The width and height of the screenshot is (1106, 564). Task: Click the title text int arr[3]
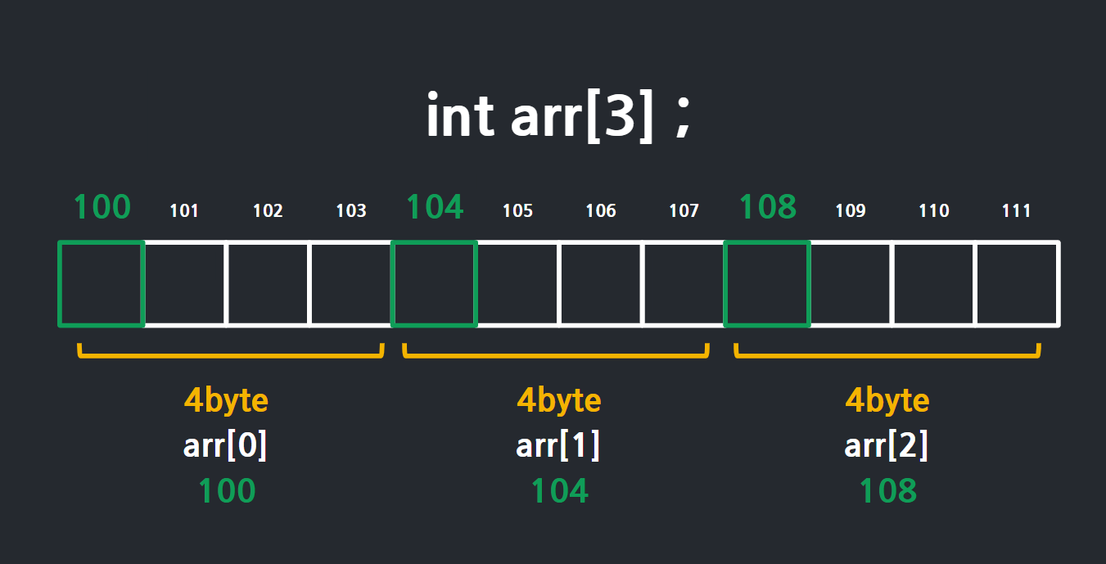pos(558,116)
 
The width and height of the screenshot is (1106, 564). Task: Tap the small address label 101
pos(184,211)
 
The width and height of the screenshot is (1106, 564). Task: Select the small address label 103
pos(351,211)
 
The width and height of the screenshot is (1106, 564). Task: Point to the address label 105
pos(517,211)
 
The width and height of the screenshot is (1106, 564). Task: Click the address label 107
pos(684,211)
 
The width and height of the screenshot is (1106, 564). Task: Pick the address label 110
pos(933,211)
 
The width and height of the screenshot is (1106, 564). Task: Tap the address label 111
pos(1017,211)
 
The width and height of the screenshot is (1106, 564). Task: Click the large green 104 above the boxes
pos(435,207)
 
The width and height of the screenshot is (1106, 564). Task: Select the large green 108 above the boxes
pos(767,207)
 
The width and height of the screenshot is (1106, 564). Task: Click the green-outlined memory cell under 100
pos(102,283)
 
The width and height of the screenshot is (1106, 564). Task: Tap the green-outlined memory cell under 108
pos(767,283)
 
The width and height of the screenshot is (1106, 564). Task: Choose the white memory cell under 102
pos(268,283)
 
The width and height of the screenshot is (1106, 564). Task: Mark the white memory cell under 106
pos(601,283)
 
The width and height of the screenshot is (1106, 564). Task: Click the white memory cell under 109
pos(851,283)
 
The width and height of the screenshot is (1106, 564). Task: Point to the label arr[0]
pos(226,446)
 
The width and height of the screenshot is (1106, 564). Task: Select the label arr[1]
pos(558,446)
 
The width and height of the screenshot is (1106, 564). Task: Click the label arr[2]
pos(887,446)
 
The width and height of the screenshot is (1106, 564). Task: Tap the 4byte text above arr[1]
pos(558,401)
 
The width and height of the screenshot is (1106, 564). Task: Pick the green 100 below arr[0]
pos(227,491)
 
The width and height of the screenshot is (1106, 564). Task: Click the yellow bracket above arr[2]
pos(887,354)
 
